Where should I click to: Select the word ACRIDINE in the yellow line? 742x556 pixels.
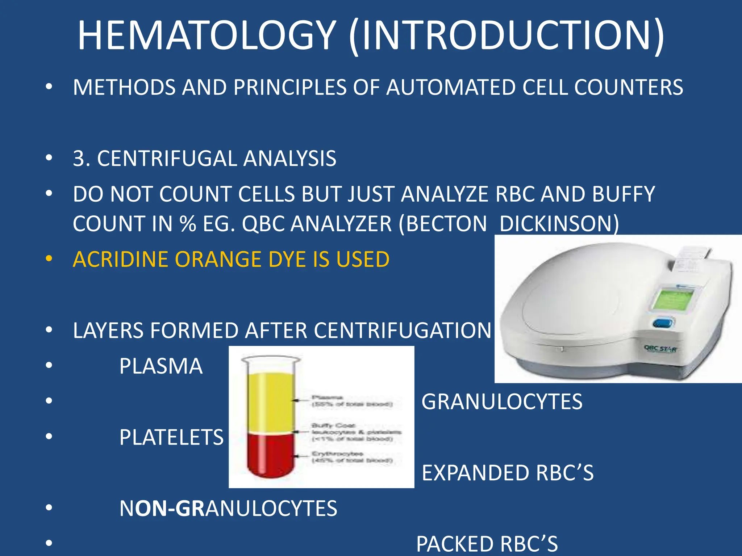(120, 259)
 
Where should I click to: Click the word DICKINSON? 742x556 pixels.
(559, 223)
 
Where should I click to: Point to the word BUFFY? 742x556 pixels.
(624, 194)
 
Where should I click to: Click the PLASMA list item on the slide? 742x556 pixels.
(161, 366)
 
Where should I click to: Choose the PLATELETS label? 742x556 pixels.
(171, 437)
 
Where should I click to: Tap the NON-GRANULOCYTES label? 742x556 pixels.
(228, 508)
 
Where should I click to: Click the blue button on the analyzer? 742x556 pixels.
(663, 323)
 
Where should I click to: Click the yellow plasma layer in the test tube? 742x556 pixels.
(270, 402)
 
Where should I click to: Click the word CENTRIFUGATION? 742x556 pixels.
(402, 330)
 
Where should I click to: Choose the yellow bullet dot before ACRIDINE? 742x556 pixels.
(49, 259)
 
